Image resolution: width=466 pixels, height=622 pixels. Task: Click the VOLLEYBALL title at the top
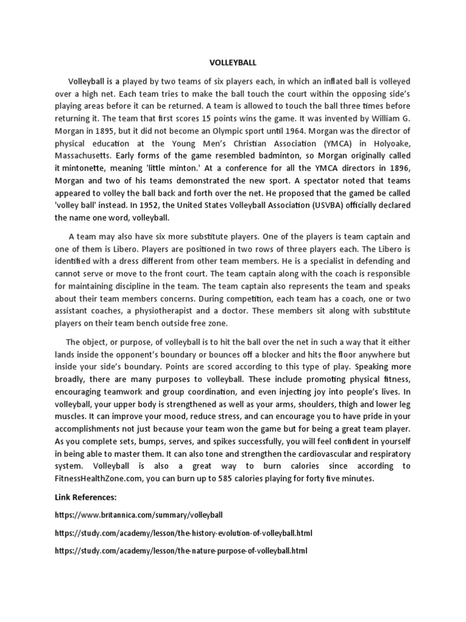click(x=233, y=61)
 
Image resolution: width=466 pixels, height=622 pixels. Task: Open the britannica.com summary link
click(x=139, y=514)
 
